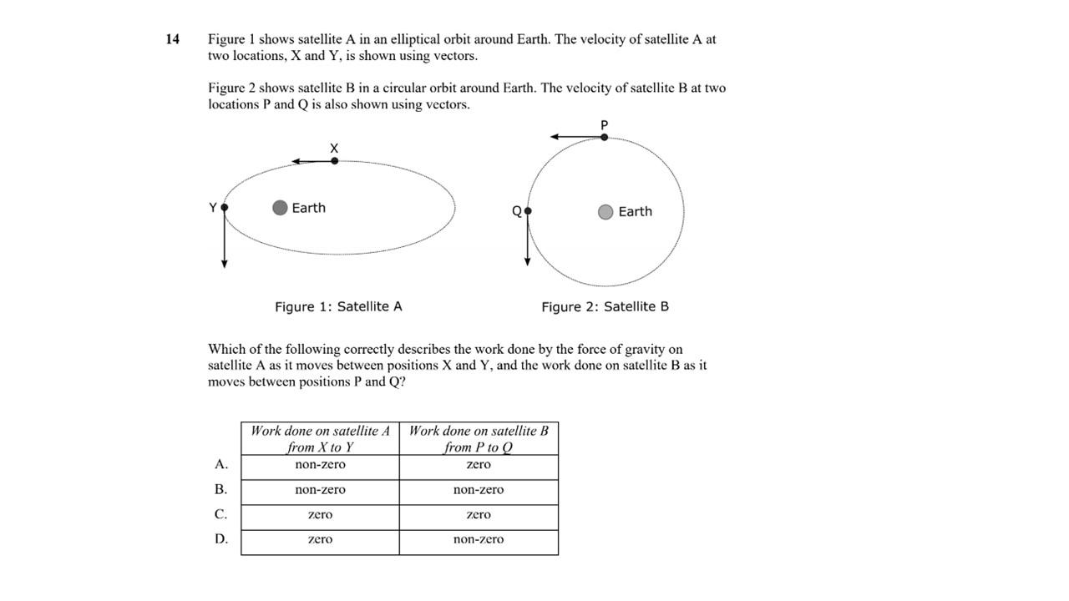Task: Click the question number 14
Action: click(173, 39)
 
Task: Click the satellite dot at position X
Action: click(335, 160)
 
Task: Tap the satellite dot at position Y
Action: click(225, 207)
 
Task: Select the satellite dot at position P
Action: click(605, 136)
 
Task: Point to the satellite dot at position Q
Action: click(527, 211)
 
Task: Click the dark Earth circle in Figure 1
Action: click(281, 207)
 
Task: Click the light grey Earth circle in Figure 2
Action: click(605, 212)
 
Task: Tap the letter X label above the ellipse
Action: click(334, 148)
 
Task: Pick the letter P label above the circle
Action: click(605, 124)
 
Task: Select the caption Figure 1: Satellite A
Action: click(338, 306)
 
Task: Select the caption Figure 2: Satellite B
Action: click(605, 306)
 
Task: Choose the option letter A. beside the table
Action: click(220, 464)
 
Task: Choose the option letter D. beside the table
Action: click(220, 539)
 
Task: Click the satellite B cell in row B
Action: click(479, 490)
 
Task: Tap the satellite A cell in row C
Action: click(320, 515)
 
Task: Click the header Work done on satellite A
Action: click(320, 438)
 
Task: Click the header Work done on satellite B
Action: click(479, 438)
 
